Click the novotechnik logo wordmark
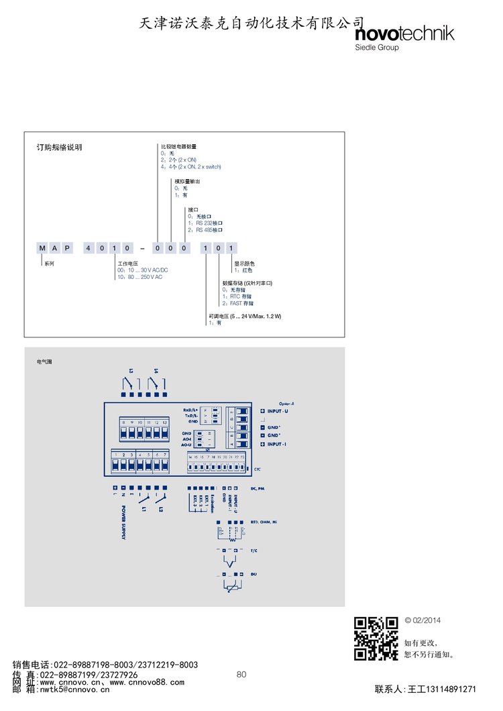click(404, 34)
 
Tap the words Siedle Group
click(376, 48)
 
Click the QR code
click(376, 638)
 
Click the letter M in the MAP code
click(42, 248)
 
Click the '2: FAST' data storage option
click(238, 303)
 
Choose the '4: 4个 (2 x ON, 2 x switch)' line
click(190, 166)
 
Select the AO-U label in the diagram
click(187, 445)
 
